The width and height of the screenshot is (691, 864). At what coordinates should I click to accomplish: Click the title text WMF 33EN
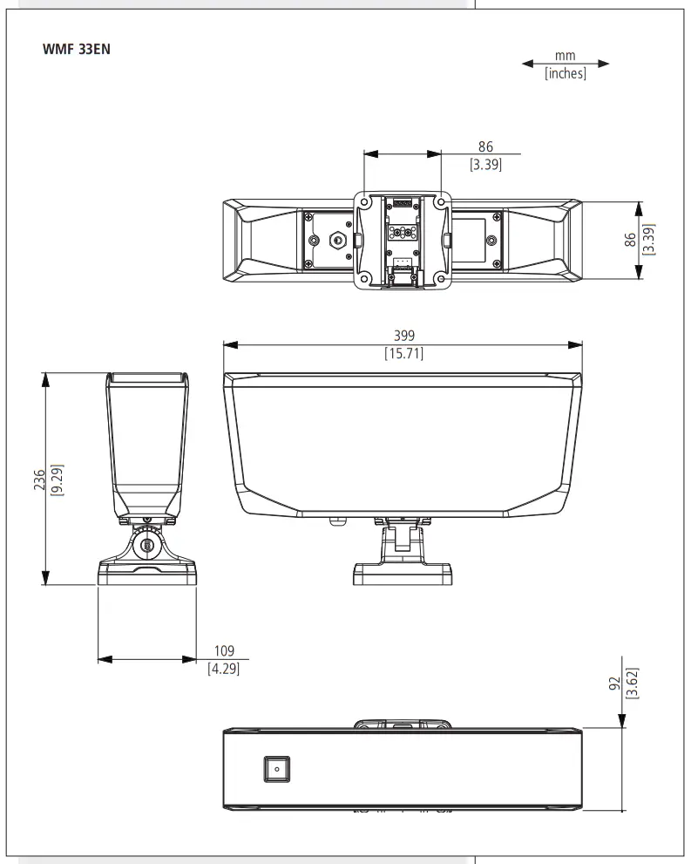coord(76,49)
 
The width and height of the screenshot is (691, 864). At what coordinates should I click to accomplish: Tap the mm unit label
coord(565,56)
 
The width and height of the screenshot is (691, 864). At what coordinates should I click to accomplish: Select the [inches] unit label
coord(566,74)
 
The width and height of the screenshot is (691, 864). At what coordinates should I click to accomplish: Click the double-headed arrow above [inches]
coord(566,64)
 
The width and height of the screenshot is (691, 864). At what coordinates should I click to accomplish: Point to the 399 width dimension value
coord(403,335)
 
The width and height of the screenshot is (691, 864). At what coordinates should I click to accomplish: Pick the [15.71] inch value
coord(403,353)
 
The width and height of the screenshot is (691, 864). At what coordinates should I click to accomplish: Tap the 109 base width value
coord(225,651)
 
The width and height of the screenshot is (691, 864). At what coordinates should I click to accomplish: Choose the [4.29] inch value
coord(223,670)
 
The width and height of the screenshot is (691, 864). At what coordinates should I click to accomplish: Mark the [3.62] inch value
coord(633,682)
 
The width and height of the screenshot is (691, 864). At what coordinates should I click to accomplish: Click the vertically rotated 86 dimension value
coord(630,240)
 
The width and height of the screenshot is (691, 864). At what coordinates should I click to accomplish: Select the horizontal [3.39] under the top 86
coord(485,164)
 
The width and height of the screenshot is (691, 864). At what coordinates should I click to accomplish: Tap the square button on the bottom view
coord(277,769)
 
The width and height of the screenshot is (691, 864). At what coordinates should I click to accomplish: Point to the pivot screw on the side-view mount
coord(146,548)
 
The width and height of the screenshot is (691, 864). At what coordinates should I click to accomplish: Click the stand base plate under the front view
coord(403,574)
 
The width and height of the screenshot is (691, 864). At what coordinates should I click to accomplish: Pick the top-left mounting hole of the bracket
coord(365,202)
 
